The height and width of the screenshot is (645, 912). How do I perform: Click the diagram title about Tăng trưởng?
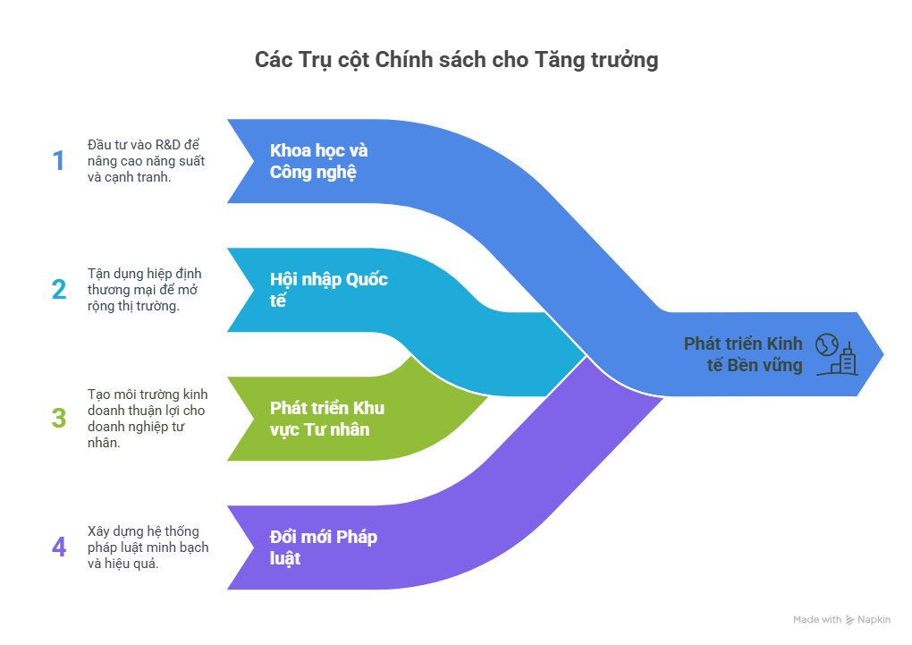[456, 60]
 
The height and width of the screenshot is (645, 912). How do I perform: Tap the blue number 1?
[59, 161]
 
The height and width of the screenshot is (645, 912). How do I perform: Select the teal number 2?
[59, 290]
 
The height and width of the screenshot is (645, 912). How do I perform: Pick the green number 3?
[59, 418]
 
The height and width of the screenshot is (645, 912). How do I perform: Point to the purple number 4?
[59, 547]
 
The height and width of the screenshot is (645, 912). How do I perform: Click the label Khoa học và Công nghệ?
[319, 161]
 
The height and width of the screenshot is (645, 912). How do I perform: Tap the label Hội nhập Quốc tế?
[328, 290]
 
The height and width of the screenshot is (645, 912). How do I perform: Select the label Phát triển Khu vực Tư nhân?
[326, 419]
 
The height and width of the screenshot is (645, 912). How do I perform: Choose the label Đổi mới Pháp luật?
[323, 547]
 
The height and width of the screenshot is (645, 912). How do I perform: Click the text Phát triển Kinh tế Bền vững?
[743, 354]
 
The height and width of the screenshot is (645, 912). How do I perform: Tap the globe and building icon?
[836, 353]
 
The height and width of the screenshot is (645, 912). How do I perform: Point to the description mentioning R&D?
[146, 161]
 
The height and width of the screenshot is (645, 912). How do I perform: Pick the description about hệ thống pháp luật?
[148, 547]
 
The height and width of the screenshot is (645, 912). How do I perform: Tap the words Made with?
[816, 620]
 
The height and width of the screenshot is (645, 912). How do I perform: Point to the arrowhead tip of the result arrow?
[883, 353]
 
